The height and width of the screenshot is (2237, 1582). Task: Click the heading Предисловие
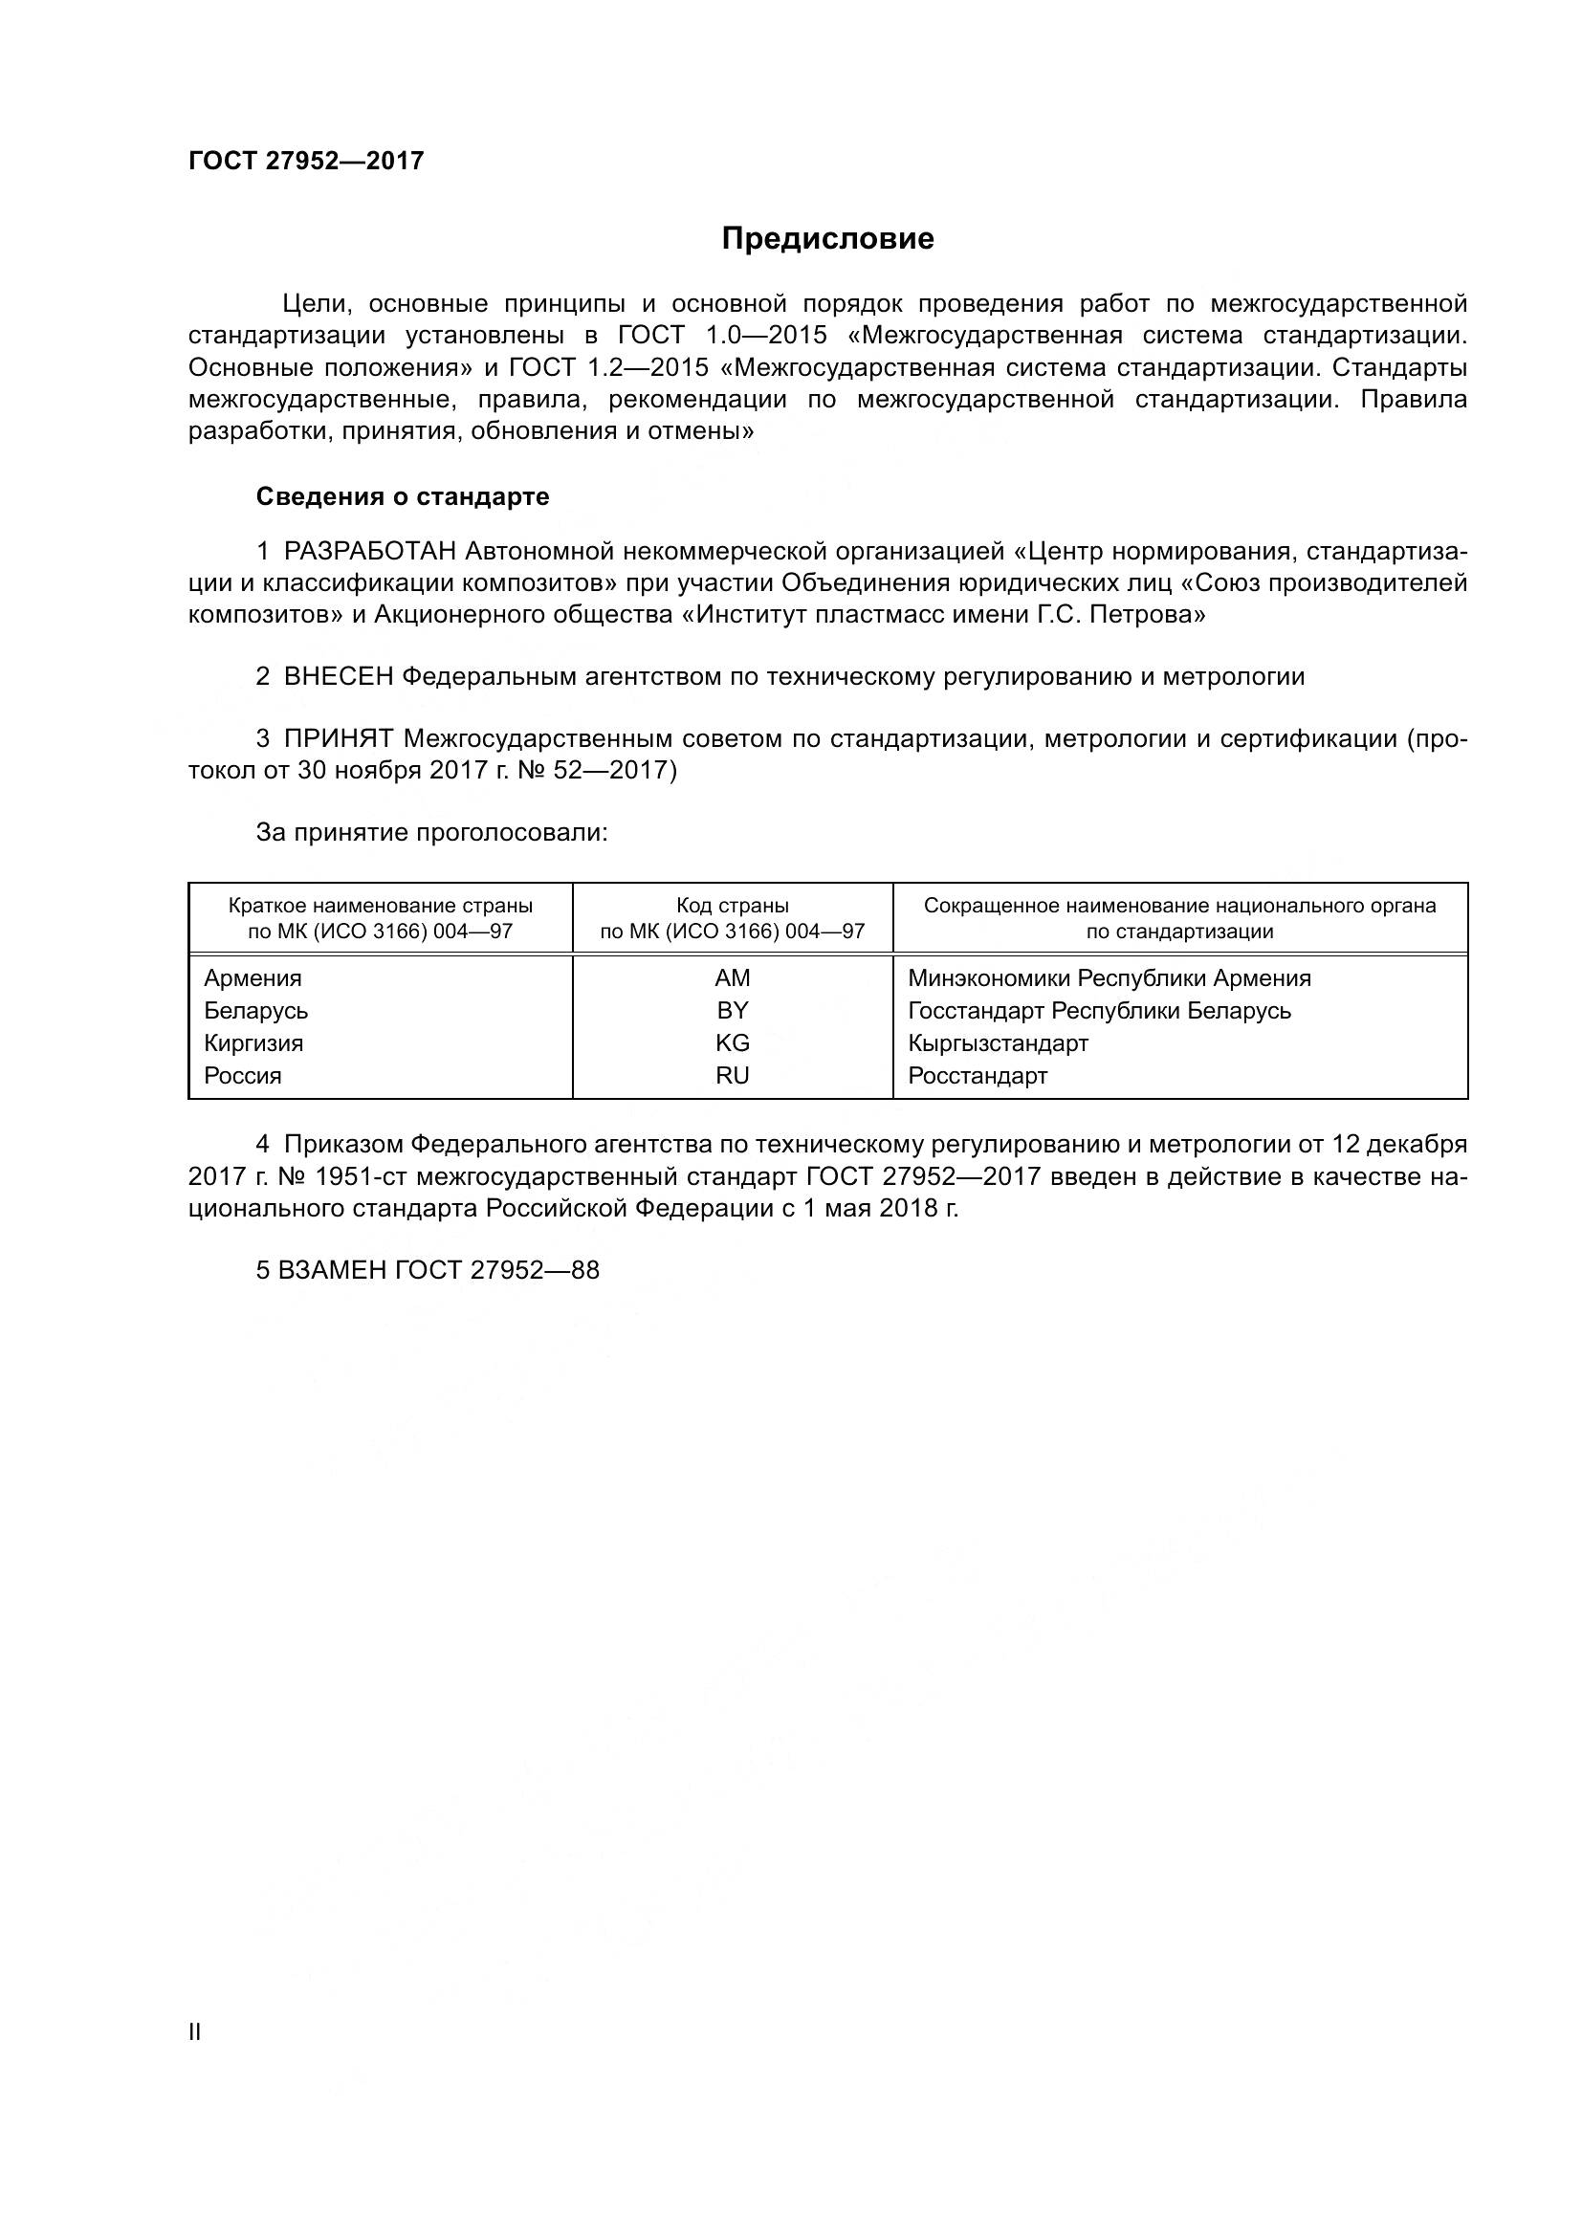point(827,239)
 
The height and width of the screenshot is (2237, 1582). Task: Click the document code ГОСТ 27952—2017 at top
point(306,162)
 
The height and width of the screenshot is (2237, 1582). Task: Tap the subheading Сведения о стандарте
point(403,497)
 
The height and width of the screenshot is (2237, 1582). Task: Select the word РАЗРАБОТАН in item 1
point(370,553)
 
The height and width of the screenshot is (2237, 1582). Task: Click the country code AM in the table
point(732,978)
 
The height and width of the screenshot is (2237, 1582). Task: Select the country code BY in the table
point(732,1010)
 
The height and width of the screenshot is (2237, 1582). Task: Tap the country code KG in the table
point(732,1043)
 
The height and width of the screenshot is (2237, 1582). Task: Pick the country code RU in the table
point(732,1076)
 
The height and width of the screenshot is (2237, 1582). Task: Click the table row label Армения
point(253,978)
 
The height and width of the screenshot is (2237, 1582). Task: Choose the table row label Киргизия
point(253,1043)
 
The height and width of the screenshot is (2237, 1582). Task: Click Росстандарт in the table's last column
point(978,1077)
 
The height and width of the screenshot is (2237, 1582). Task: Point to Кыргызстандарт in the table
point(998,1043)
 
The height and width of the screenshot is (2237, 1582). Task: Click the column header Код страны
point(732,906)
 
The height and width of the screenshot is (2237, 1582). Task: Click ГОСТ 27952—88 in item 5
point(496,1270)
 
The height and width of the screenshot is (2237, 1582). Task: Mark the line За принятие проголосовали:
point(431,833)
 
